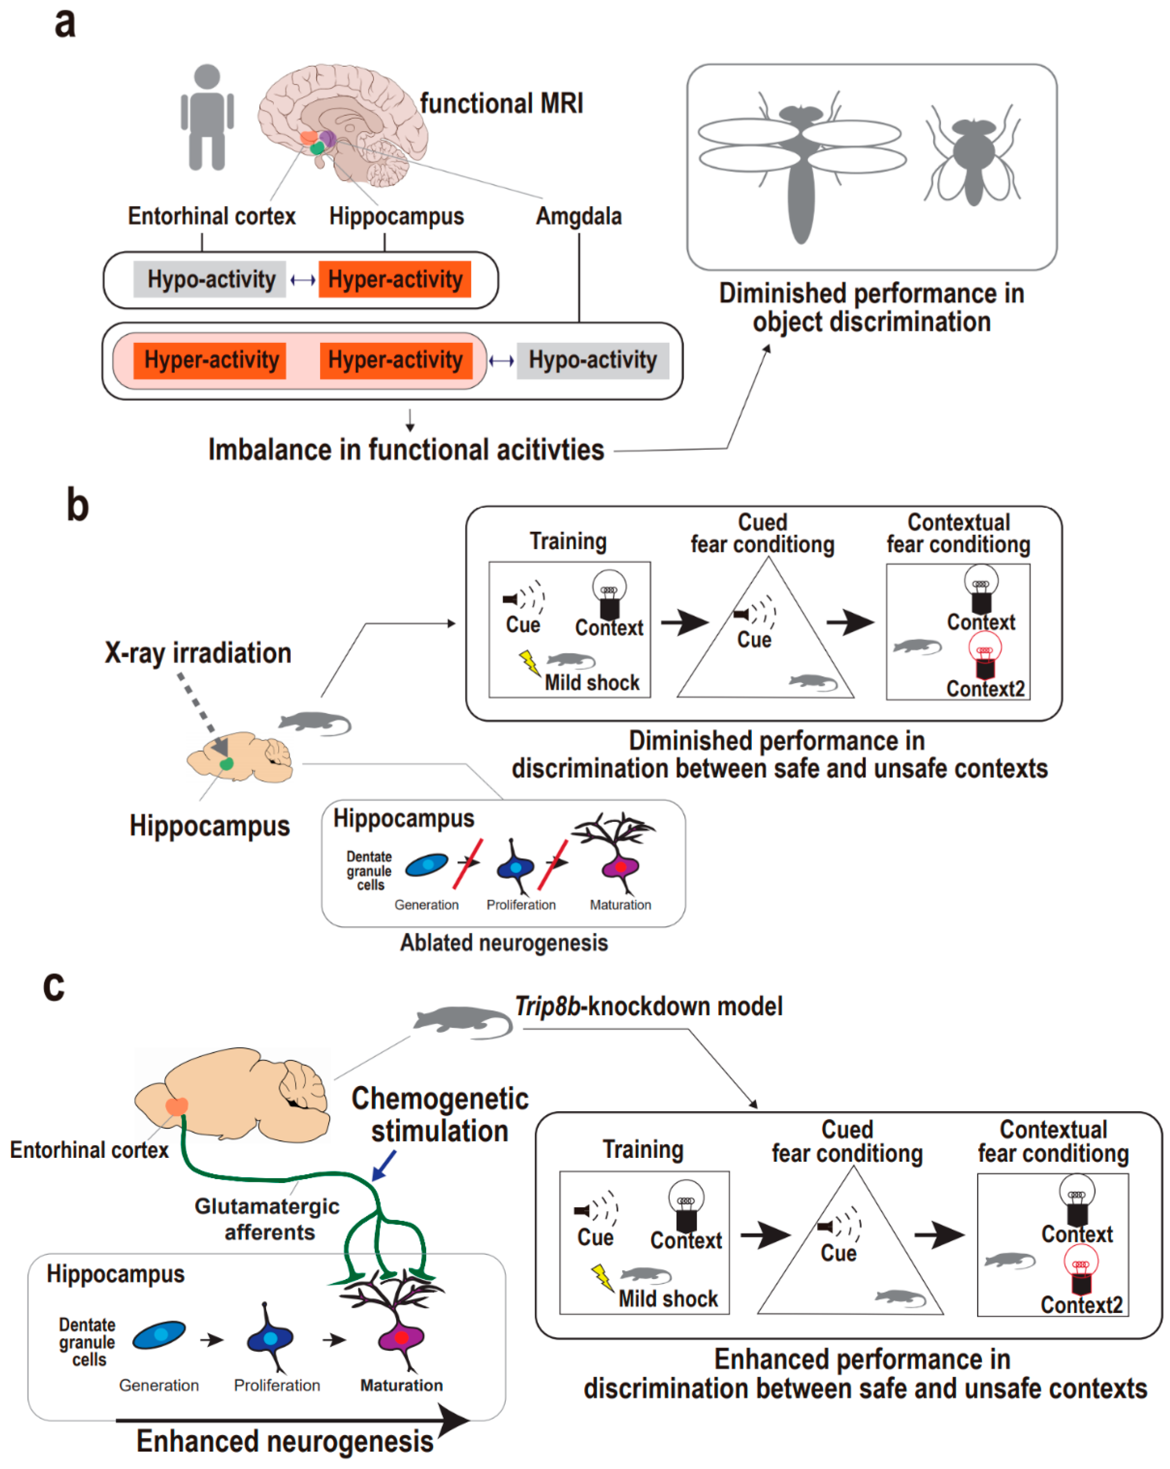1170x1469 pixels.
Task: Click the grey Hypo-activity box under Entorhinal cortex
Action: pyautogui.click(x=210, y=279)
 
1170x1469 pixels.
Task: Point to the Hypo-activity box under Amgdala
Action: pyautogui.click(x=592, y=361)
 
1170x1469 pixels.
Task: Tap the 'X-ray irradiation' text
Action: pyautogui.click(x=198, y=653)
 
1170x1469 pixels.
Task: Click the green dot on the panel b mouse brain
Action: pyautogui.click(x=226, y=764)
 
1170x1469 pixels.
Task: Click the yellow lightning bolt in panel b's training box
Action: pyautogui.click(x=530, y=662)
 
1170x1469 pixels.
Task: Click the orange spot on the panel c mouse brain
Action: pyautogui.click(x=177, y=1106)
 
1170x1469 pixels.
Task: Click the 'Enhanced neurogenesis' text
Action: pyautogui.click(x=285, y=1442)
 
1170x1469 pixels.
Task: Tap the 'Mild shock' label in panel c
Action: pyautogui.click(x=668, y=1299)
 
